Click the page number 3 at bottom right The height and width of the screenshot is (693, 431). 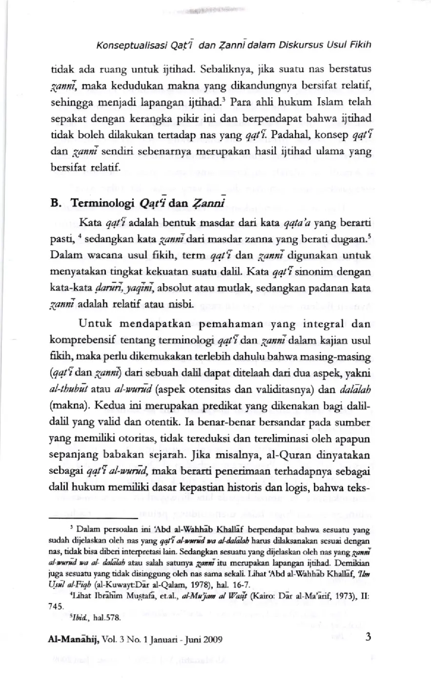click(368, 637)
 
